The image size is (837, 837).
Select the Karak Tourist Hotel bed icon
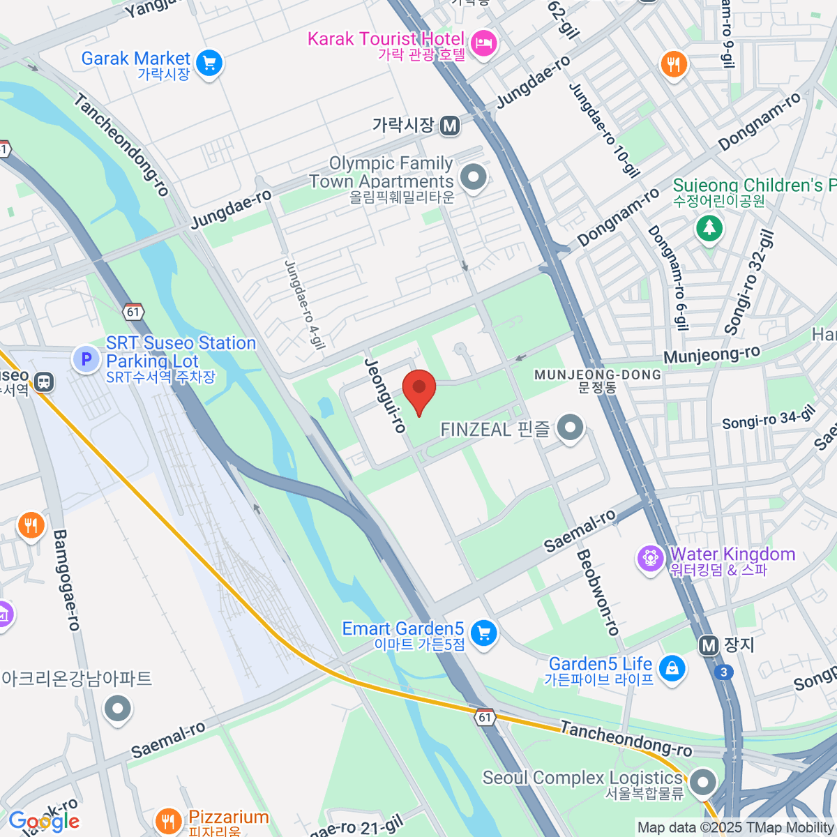pos(482,44)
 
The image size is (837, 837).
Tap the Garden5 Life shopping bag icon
pos(672,668)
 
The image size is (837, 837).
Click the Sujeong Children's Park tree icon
pos(709,227)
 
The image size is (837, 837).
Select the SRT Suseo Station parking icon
pos(86,360)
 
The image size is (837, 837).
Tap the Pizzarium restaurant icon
pos(168,820)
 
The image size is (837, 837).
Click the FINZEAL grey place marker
pos(571,428)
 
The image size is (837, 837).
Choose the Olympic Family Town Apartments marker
pos(474,177)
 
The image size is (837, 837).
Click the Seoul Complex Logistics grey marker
pos(702,782)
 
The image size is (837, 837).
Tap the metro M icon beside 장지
pos(709,645)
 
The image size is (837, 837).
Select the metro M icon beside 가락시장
pos(450,126)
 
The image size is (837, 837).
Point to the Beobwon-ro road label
pos(598,592)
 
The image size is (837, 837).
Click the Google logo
pos(44,822)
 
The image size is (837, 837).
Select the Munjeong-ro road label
pos(711,355)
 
